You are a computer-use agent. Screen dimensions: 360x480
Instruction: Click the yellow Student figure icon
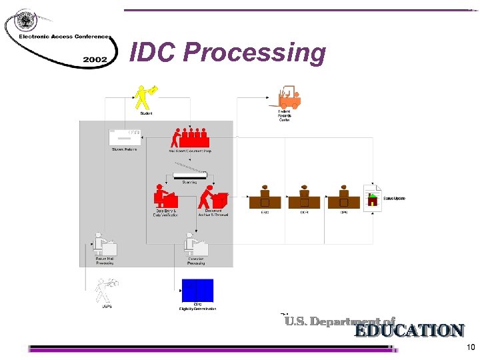[x=143, y=97]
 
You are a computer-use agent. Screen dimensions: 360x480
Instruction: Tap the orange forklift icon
[x=287, y=97]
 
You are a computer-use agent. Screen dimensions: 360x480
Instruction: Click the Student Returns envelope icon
[x=125, y=136]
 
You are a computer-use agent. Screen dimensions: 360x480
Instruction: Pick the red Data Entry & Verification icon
[x=165, y=197]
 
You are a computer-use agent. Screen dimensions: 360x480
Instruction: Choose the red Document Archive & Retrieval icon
[x=214, y=197]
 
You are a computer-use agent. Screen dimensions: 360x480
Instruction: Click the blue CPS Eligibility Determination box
[x=197, y=290]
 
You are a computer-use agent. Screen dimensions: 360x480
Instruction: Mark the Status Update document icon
[x=373, y=199]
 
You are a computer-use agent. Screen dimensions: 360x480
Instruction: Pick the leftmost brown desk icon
[x=265, y=197]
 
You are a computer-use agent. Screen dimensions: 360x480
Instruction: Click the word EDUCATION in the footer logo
[x=408, y=331]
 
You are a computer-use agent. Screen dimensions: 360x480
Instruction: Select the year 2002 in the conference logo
[x=95, y=59]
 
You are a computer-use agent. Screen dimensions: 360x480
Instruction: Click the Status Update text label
[x=394, y=199]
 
